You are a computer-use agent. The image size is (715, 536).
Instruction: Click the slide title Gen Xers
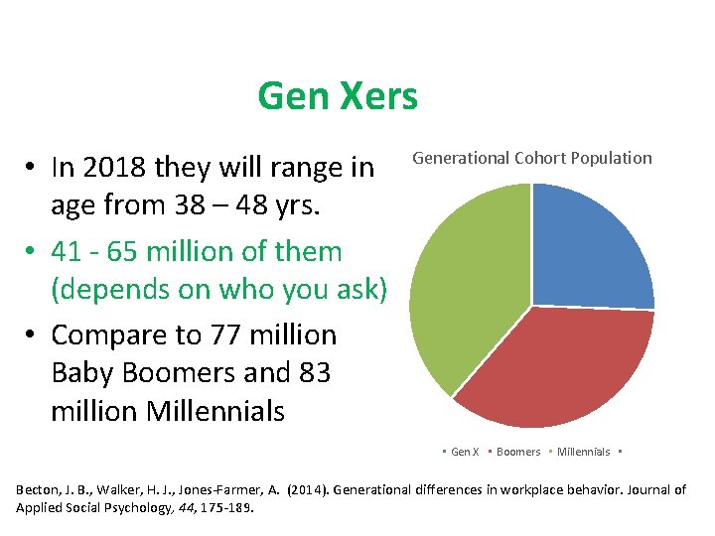[x=337, y=97]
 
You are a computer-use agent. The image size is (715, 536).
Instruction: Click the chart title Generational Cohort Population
[x=532, y=158]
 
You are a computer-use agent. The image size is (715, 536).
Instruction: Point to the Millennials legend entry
[x=583, y=452]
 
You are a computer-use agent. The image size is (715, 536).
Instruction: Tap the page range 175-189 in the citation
[x=226, y=507]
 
